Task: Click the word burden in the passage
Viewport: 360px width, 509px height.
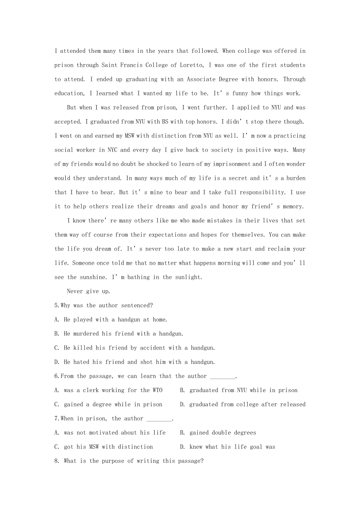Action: pyautogui.click(x=296, y=178)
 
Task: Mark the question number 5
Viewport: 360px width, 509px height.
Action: pyautogui.click(x=57, y=305)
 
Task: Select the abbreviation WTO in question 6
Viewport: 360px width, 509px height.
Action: pyautogui.click(x=157, y=390)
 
